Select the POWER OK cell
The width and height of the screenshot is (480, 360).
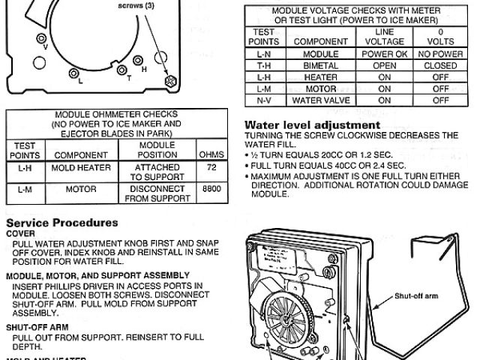pos(385,53)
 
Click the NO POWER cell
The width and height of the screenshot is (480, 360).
pos(440,53)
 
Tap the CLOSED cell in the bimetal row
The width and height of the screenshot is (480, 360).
pos(440,64)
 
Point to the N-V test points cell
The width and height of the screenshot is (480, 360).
pos(263,100)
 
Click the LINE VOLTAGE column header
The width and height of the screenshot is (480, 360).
pos(385,37)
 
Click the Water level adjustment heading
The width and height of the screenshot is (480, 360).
pos(313,124)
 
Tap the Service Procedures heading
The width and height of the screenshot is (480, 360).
pos(61,223)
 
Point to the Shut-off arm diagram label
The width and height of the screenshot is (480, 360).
pos(416,295)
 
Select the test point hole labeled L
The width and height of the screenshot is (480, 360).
pos(74,72)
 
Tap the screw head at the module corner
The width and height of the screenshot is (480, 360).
pos(171,80)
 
